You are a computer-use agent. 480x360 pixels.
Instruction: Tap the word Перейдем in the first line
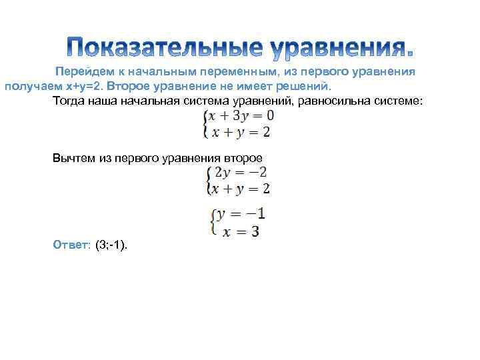(x=82, y=72)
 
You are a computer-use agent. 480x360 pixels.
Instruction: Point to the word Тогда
(x=68, y=101)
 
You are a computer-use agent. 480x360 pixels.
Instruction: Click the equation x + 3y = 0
(x=240, y=115)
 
